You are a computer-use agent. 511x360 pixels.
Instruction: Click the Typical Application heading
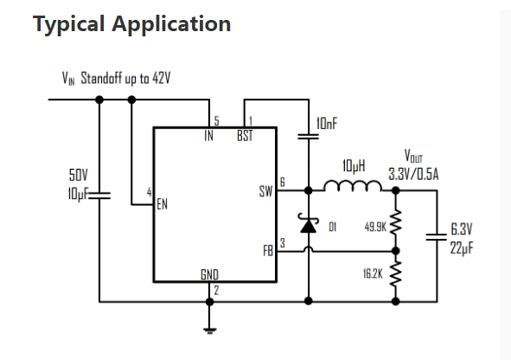point(132,24)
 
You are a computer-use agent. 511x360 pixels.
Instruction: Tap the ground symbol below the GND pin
point(209,331)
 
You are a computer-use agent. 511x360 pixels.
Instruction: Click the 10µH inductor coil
point(353,185)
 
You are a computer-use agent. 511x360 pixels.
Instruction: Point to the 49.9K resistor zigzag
point(395,222)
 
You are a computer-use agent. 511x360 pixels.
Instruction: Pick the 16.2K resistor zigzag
point(395,274)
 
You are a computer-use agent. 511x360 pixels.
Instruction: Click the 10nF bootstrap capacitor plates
point(309,137)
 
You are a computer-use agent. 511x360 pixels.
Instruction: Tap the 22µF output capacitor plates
point(437,237)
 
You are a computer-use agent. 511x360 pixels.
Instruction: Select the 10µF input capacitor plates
point(99,196)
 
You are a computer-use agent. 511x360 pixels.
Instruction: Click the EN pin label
point(162,204)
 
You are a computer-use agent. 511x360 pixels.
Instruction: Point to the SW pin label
point(265,191)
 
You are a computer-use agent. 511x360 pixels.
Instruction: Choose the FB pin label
point(268,251)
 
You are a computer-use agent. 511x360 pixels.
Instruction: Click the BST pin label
point(245,136)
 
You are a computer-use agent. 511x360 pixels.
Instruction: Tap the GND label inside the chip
point(209,275)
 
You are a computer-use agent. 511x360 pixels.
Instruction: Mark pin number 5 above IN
point(216,121)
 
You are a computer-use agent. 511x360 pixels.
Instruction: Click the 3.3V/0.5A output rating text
point(413,174)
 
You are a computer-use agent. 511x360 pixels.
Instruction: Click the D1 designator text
point(332,227)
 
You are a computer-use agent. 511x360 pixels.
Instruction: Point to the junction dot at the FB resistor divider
point(395,251)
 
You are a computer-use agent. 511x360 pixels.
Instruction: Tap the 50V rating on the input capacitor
point(78,175)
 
